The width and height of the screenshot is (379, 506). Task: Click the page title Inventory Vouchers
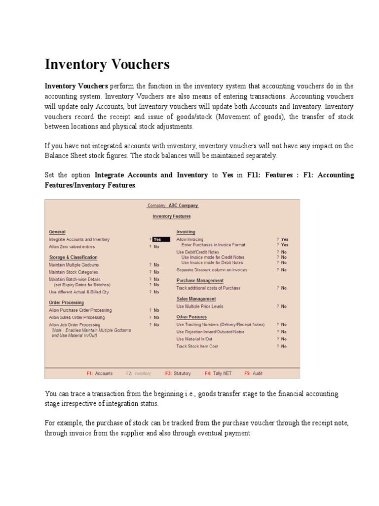coord(107,64)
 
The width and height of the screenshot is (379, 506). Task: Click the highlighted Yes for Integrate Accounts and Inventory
coord(160,239)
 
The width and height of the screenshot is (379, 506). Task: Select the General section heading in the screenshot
coord(57,232)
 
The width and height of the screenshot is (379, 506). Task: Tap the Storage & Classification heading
coord(73,257)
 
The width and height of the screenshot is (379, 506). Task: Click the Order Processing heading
coord(66,302)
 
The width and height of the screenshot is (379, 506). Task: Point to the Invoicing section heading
coord(186,232)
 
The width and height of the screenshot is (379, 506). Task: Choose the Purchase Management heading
coord(200,280)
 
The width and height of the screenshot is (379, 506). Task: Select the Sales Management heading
coord(196,299)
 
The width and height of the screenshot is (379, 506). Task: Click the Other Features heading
coord(191,317)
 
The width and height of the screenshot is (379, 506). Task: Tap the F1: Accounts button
coord(100,374)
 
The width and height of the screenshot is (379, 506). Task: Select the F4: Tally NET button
coord(218,374)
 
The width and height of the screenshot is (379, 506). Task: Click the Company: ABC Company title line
coord(173,206)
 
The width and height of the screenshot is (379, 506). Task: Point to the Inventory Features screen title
coord(171,216)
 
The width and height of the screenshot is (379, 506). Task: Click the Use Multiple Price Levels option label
coord(200,306)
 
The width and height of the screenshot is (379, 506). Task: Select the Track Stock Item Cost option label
coord(197,346)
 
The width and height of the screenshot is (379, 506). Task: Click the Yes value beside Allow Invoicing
coord(284,239)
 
